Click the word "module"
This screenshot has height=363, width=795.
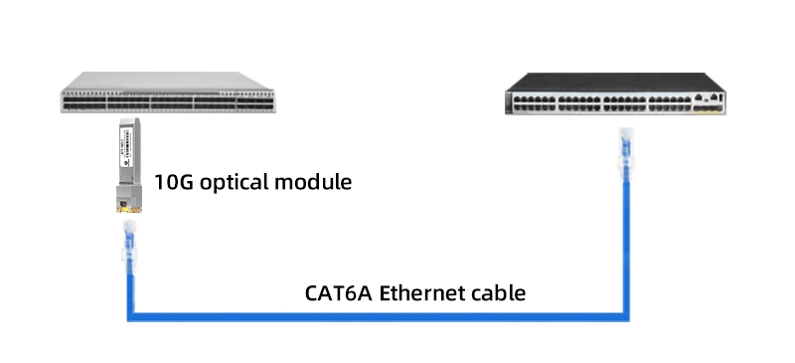coord(319,184)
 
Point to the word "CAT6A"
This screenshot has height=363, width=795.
coord(337,293)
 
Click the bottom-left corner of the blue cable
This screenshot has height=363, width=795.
coord(130,317)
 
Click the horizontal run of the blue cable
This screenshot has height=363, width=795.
coord(378,317)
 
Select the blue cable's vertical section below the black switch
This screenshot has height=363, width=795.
coord(626,249)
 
